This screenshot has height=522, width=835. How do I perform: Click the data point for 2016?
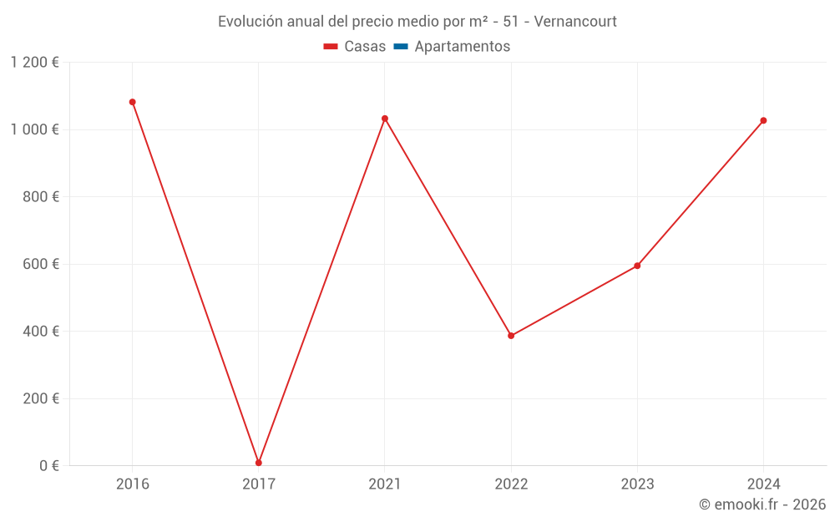tap(132, 102)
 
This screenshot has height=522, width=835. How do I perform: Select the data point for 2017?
tap(259, 463)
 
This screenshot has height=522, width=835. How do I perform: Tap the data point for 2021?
tap(385, 119)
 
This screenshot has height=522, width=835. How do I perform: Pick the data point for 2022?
tap(511, 336)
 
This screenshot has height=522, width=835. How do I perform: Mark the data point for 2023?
tap(637, 266)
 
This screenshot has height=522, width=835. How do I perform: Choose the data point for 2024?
tap(763, 120)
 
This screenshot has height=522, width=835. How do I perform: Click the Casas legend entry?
tap(355, 47)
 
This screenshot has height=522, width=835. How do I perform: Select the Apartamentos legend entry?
tap(452, 47)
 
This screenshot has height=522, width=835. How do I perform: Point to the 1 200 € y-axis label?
tap(34, 63)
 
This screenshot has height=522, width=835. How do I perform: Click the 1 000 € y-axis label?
tap(34, 129)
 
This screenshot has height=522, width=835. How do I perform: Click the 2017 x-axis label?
tap(259, 484)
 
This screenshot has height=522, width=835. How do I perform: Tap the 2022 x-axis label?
tap(511, 484)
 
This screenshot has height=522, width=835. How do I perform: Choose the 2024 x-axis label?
tap(763, 484)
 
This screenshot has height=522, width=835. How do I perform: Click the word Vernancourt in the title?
tap(575, 22)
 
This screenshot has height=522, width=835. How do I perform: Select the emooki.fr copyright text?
tap(762, 504)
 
